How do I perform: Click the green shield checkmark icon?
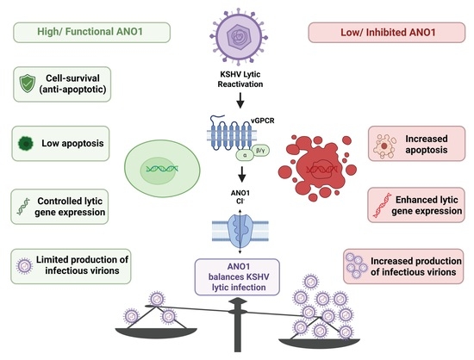28,84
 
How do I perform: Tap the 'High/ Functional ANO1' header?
91,32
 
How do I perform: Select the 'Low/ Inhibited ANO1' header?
387,33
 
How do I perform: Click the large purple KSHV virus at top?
239,37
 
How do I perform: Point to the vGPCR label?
263,121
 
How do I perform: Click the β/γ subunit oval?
260,150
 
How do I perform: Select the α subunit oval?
245,155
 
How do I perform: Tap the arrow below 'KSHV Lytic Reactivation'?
240,101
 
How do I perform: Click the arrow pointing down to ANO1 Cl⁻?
241,175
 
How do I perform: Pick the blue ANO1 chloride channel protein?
240,231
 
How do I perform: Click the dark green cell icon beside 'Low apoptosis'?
26,144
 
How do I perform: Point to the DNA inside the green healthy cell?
162,169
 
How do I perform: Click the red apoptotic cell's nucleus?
321,170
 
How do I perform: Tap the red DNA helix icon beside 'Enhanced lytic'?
383,205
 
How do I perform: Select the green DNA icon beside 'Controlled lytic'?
23,207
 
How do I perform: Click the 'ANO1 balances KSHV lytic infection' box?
237,277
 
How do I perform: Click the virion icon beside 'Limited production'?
25,266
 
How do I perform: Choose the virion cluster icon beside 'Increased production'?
357,265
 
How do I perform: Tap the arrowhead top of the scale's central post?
239,301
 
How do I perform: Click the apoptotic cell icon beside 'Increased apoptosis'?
384,146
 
